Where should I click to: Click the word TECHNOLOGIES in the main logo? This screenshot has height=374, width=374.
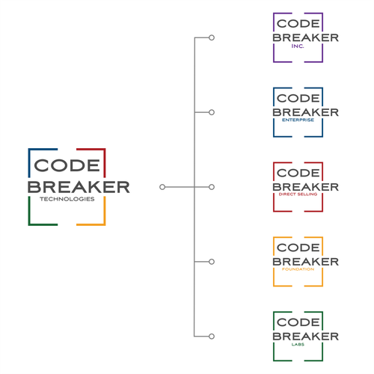67,199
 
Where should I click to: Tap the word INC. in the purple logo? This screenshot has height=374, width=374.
298,46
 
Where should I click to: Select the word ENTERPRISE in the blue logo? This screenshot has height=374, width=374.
298,120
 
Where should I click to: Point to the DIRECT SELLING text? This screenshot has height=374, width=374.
298,194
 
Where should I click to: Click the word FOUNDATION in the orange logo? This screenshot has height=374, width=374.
298,269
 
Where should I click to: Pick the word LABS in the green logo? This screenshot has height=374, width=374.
298,344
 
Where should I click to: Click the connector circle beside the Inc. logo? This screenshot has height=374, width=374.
212,37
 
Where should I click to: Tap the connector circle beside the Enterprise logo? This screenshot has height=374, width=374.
212,112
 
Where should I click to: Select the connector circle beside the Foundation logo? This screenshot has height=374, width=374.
212,262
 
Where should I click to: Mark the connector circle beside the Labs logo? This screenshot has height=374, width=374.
212,337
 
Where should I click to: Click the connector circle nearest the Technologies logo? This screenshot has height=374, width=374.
162,187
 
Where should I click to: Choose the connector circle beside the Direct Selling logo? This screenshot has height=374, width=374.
212,187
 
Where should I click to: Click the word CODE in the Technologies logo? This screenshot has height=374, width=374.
67,165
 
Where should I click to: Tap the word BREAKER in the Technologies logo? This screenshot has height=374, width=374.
79,187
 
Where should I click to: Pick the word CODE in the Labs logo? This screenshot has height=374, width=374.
298,322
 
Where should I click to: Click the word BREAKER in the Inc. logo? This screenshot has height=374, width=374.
305,37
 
